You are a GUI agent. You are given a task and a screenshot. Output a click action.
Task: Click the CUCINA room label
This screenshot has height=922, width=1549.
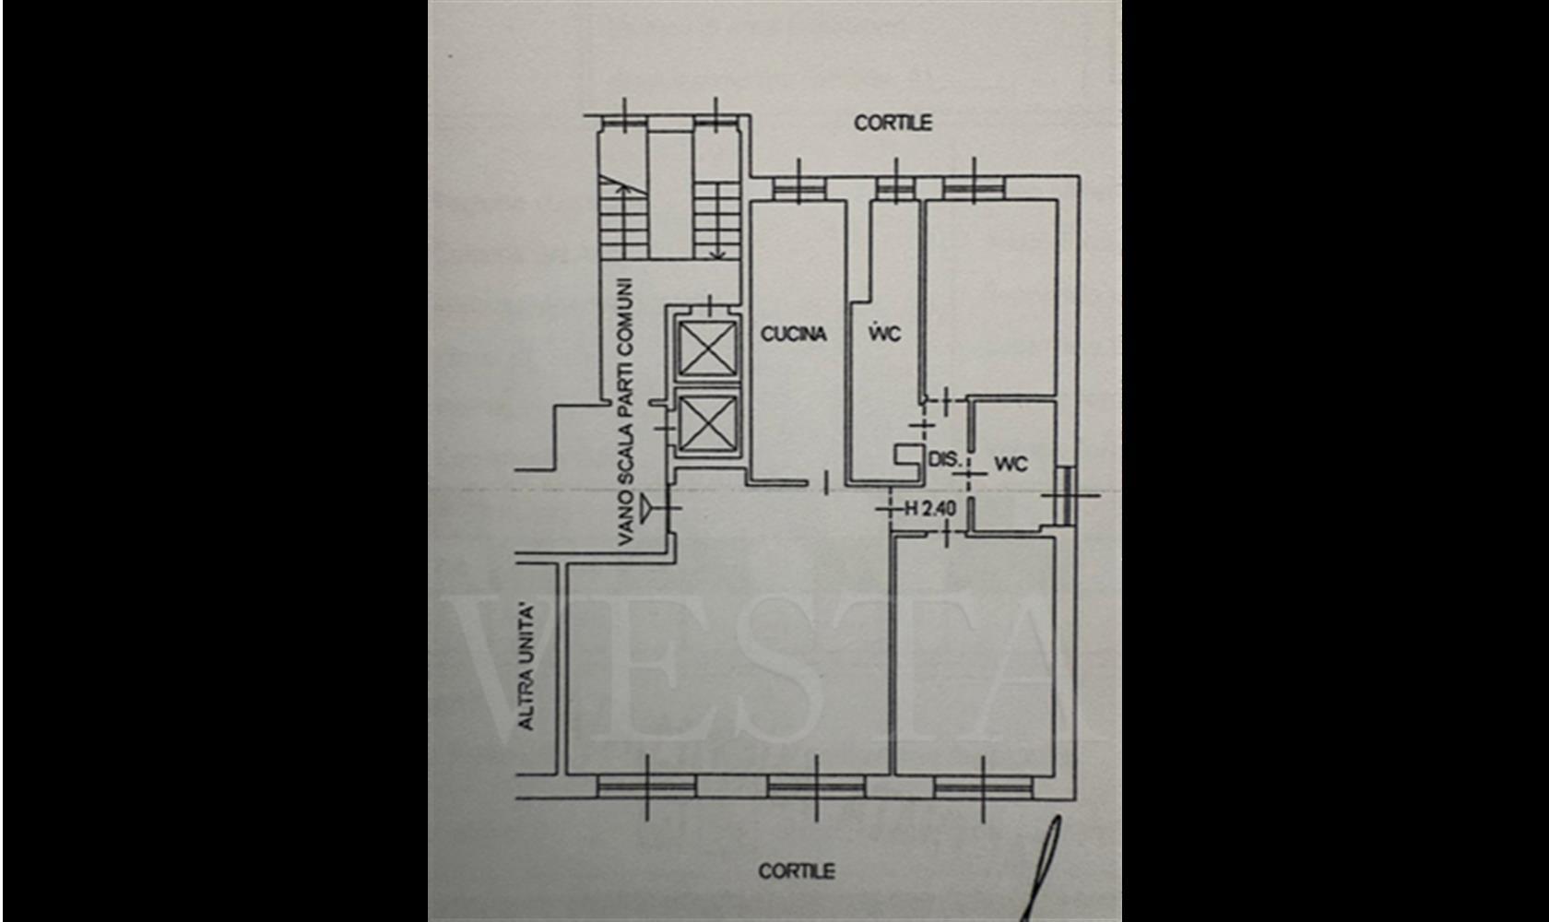793,334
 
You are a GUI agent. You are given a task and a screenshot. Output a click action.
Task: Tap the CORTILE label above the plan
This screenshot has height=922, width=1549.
893,124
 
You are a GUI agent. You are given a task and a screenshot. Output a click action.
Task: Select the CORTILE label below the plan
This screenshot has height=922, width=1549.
797,871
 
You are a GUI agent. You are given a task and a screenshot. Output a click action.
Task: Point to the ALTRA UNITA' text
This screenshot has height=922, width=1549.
527,668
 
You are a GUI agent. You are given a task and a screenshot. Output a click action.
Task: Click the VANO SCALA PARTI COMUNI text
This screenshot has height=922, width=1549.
626,412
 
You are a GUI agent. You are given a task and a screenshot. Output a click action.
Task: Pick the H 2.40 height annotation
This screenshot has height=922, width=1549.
931,509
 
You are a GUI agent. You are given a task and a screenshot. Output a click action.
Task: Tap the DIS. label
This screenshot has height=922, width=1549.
944,459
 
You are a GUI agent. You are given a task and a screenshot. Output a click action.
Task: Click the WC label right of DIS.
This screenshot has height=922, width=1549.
1011,464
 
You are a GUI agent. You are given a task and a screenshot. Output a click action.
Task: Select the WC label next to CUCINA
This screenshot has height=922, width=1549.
884,334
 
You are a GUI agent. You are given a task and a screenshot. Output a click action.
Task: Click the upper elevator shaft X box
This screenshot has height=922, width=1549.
707,350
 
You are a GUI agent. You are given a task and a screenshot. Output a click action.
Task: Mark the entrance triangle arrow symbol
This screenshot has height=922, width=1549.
646,509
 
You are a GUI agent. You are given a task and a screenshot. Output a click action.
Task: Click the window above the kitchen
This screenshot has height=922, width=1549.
799,187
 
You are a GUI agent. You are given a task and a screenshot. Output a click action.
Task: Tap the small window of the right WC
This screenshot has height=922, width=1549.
1067,495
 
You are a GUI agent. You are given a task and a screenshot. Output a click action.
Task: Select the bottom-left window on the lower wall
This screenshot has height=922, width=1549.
646,787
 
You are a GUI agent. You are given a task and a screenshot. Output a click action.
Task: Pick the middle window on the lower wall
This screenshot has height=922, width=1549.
816,787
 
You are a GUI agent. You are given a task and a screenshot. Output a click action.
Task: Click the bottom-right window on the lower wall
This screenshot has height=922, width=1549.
983,787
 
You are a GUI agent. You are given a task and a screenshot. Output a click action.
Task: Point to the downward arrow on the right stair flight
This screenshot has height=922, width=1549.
717,221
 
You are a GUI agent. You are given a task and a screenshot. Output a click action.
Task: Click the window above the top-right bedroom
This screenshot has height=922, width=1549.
974,187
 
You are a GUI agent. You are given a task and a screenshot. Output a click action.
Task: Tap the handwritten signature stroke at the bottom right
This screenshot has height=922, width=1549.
1042,870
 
